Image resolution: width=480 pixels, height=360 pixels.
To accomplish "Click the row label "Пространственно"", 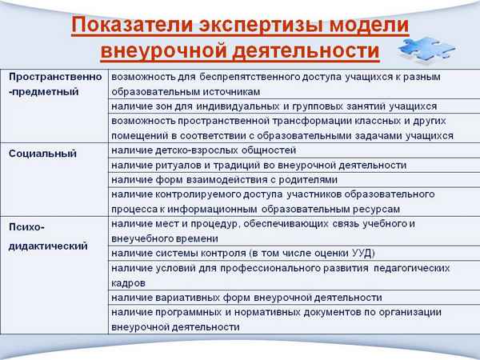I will (x=56, y=77).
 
